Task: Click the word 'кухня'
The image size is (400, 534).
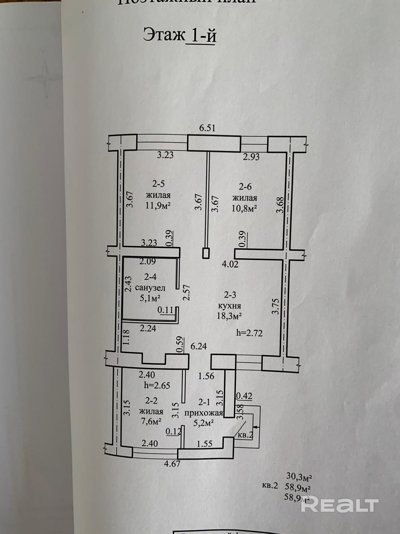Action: (x=229, y=305)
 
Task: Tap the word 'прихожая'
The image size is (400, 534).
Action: (x=203, y=413)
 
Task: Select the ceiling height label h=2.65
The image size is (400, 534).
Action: (x=157, y=385)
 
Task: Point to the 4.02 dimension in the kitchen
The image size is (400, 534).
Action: (x=230, y=265)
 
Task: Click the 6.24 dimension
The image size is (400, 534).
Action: (x=199, y=346)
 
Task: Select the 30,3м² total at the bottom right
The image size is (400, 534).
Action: (x=299, y=476)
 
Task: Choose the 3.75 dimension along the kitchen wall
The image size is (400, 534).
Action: (x=275, y=306)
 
